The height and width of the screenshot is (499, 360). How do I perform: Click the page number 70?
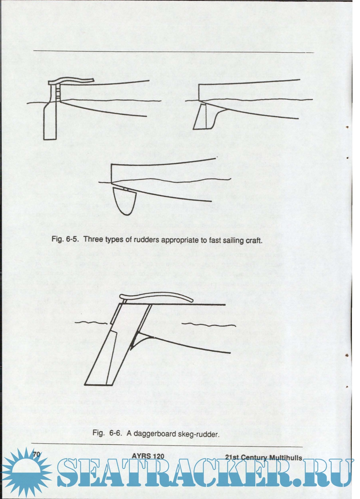36,454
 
